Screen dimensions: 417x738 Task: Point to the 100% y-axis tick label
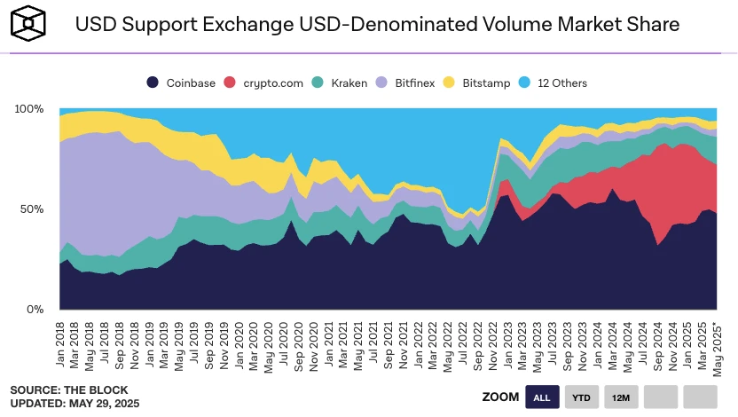28,108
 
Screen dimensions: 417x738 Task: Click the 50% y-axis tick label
32,209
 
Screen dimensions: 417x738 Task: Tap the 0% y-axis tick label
35,310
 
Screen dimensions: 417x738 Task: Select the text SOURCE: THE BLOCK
69,389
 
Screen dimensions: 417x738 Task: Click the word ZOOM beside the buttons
499,397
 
